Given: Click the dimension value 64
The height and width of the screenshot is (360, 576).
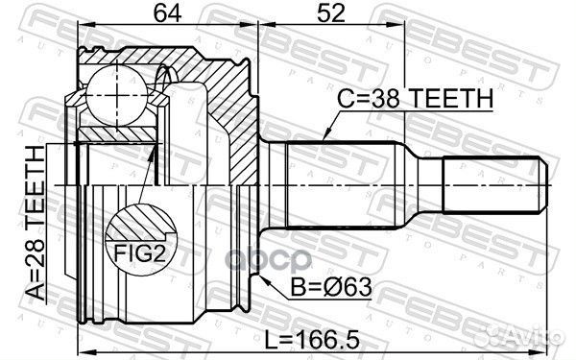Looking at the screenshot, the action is click(x=167, y=13).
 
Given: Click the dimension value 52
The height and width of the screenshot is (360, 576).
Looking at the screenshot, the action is click(x=331, y=13).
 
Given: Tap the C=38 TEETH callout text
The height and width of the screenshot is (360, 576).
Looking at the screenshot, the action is click(x=415, y=98).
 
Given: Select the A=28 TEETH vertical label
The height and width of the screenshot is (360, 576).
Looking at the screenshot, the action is click(x=36, y=224).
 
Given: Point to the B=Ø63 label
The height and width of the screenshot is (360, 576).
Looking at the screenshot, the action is click(x=330, y=287).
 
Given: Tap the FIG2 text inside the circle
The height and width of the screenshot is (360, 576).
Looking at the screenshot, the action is click(x=139, y=253).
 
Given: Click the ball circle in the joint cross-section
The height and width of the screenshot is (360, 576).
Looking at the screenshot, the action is click(x=117, y=95).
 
